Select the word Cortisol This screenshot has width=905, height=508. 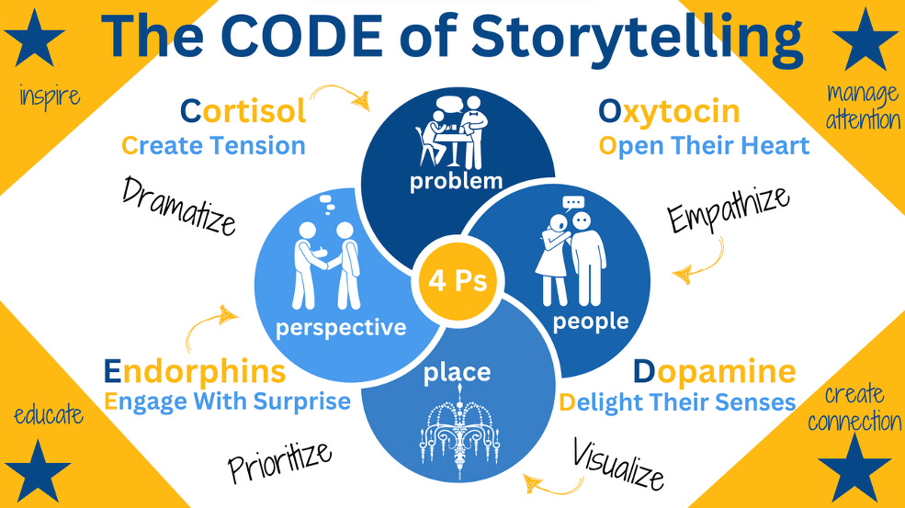[243, 112]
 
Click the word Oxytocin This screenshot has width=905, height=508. [669, 112]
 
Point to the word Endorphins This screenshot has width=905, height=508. [194, 371]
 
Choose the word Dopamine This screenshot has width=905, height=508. [714, 371]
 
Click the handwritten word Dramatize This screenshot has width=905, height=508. [179, 205]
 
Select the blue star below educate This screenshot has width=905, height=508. [38, 468]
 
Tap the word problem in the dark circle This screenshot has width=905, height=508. [456, 180]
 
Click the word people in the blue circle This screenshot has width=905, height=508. [591, 321]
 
